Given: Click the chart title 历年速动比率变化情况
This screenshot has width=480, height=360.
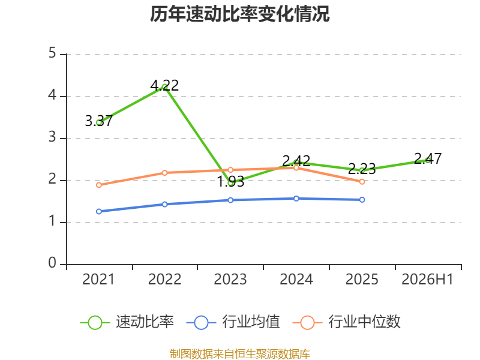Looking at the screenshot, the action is [239, 14].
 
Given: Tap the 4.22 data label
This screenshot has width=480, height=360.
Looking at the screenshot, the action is [164, 85].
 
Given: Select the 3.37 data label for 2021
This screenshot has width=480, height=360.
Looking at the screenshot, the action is [99, 121].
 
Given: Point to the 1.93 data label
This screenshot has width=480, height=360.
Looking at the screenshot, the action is [230, 182].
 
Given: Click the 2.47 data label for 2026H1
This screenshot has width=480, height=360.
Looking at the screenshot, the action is [428, 158].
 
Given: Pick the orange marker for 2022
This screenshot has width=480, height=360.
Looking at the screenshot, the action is [164, 173].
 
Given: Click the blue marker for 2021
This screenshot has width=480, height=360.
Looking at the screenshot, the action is [99, 212].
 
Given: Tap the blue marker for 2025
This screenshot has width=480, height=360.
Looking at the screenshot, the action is [362, 200].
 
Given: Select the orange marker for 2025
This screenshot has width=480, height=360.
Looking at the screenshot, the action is [362, 182].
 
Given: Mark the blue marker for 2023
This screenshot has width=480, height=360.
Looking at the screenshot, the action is [230, 200].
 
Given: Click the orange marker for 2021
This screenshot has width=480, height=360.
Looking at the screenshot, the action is [99, 185].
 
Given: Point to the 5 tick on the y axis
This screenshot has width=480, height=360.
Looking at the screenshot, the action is [52, 53].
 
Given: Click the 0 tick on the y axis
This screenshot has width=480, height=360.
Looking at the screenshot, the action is [52, 263].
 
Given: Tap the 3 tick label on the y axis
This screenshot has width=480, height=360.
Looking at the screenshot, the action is [52, 137].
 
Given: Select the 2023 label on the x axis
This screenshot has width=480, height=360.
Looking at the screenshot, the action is [230, 280].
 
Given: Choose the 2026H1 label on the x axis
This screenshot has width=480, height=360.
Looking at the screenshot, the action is [427, 280].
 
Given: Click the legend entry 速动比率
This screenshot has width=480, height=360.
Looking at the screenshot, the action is [127, 322].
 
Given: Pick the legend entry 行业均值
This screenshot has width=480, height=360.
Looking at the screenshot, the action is [233, 322].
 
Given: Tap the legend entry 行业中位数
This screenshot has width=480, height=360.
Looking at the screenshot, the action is [347, 322].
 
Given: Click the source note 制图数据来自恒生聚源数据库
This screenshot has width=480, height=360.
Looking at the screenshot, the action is [240, 353].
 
